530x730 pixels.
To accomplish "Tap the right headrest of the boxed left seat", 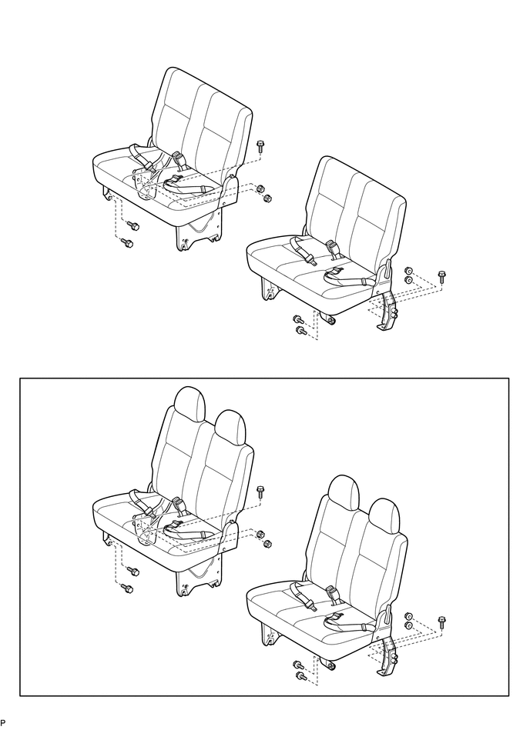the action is coord(230,425).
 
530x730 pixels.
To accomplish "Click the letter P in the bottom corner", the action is coord(3,723).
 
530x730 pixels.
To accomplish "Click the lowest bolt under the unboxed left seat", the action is coord(128,243).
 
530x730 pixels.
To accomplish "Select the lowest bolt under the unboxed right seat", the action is coord(300,331).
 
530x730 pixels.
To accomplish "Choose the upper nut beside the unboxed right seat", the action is coord(409,271).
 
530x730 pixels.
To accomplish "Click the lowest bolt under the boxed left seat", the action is coord(128,588).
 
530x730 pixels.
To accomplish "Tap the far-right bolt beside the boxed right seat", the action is coord(442,619).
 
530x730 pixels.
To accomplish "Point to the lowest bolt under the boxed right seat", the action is coord(300,676).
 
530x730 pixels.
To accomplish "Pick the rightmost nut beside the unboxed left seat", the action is coord(267,198).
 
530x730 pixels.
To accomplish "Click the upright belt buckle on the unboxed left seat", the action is coord(178,159).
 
